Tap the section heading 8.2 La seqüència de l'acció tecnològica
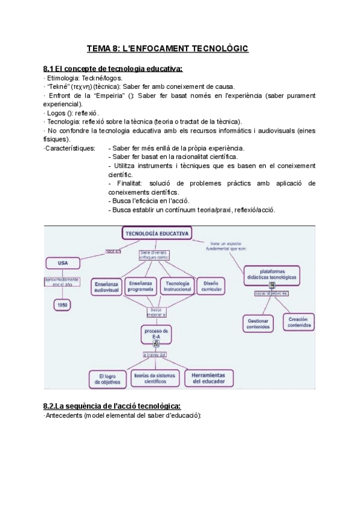click(x=112, y=406)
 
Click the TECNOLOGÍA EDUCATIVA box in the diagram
click(x=157, y=233)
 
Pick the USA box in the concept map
click(x=63, y=263)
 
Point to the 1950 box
click(x=62, y=305)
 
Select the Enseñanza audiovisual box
click(x=106, y=286)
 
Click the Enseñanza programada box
click(x=141, y=286)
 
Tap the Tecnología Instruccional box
click(x=178, y=286)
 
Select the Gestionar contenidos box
click(x=258, y=323)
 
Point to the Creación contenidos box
click(x=299, y=322)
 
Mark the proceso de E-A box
click(x=157, y=334)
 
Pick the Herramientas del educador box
click(x=205, y=378)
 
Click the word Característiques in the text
click(x=68, y=148)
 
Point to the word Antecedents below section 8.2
click(x=64, y=415)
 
